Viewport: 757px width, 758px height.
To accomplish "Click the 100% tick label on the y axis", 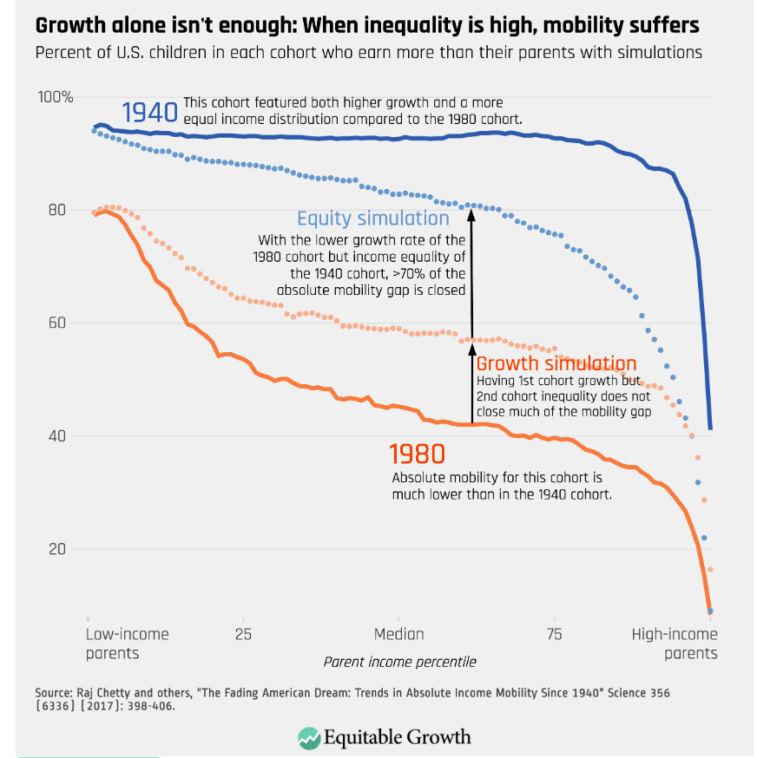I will pyautogui.click(x=56, y=97).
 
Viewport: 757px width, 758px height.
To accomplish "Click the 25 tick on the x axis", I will pyautogui.click(x=243, y=635).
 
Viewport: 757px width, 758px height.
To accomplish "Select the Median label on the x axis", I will pyautogui.click(x=398, y=635).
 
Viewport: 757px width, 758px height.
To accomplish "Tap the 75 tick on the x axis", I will pyautogui.click(x=554, y=635).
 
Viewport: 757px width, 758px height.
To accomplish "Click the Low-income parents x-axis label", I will pyautogui.click(x=127, y=644).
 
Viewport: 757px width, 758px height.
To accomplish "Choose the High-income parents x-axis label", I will pyautogui.click(x=675, y=644).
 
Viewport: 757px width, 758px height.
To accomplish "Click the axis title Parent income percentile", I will pyautogui.click(x=399, y=662).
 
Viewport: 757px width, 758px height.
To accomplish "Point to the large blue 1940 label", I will pyautogui.click(x=149, y=113).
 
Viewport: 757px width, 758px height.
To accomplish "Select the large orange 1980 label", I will pyautogui.click(x=417, y=454).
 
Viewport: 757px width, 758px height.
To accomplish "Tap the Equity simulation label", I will pyautogui.click(x=373, y=219).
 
